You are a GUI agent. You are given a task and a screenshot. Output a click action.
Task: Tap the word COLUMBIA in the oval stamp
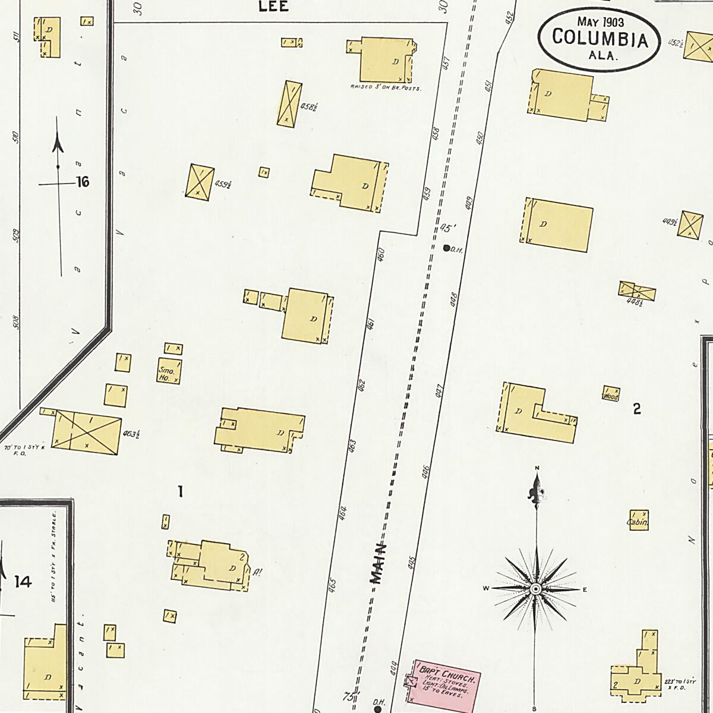pyautogui.click(x=599, y=38)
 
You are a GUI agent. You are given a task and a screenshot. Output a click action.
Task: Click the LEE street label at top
pyautogui.click(x=274, y=7)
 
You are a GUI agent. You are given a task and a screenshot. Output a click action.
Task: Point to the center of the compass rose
pyautogui.click(x=535, y=589)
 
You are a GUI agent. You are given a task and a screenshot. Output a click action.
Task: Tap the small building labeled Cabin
pyautogui.click(x=639, y=519)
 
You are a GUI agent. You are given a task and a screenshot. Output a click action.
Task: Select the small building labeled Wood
pyautogui.click(x=611, y=393)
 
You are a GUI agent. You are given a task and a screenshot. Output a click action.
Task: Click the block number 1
pyautogui.click(x=180, y=491)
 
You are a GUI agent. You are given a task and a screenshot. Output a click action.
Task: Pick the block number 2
pyautogui.click(x=637, y=409)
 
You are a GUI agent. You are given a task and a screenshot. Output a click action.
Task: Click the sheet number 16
pyautogui.click(x=83, y=182)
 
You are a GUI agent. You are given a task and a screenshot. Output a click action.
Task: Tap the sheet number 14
pyautogui.click(x=23, y=582)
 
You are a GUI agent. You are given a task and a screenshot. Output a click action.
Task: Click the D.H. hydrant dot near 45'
pyautogui.click(x=446, y=248)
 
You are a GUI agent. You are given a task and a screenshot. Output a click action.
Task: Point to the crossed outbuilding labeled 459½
pyautogui.click(x=198, y=181)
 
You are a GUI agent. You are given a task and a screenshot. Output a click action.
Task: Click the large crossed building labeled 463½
pyautogui.click(x=87, y=432)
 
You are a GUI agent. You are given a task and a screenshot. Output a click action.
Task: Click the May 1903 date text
pyautogui.click(x=600, y=22)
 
